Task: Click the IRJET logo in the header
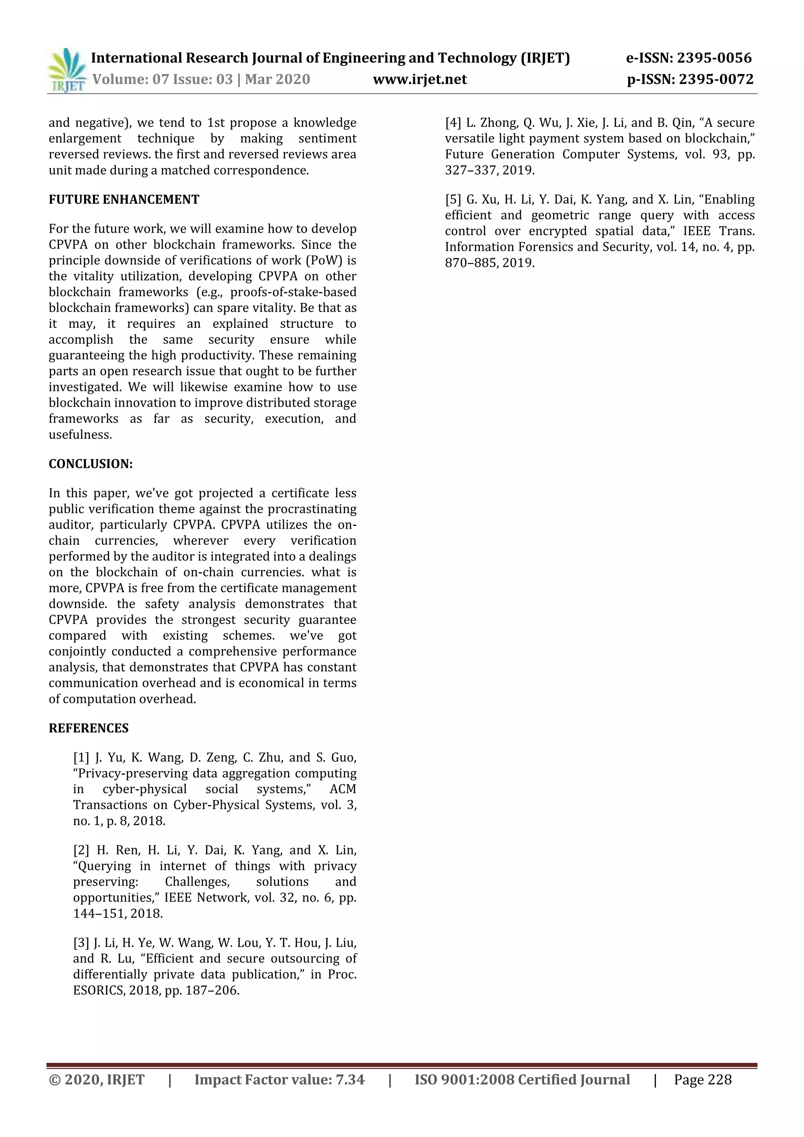66,70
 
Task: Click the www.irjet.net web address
420,79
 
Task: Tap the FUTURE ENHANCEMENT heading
124,199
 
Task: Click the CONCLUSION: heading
91,464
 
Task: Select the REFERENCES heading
89,728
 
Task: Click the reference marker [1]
81,757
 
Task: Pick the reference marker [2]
81,850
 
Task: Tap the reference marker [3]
81,942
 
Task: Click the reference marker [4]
453,123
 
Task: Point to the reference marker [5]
453,199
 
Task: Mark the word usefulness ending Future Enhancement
79,435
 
